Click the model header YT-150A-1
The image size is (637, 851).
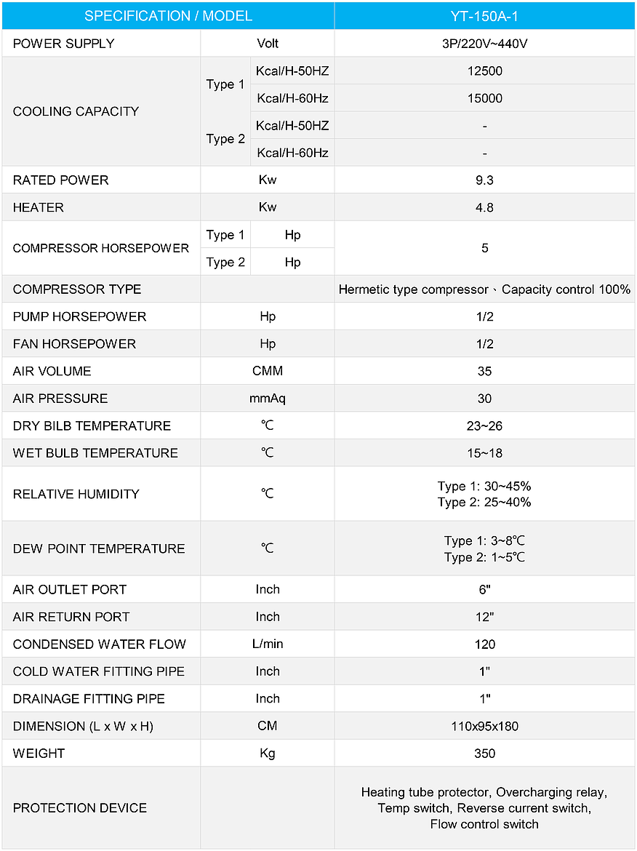point(484,16)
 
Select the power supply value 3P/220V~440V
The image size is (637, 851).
point(484,44)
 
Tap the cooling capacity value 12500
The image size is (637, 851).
point(484,71)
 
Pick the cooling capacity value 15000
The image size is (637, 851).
point(484,98)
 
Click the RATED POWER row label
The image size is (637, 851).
point(60,180)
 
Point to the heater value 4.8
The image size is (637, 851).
point(484,207)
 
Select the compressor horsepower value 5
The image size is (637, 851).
point(484,248)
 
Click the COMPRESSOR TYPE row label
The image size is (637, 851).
point(77,289)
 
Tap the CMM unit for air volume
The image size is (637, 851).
point(268,371)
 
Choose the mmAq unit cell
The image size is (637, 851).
point(268,399)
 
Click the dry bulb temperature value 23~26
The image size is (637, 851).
point(484,426)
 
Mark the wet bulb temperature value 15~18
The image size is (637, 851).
point(484,453)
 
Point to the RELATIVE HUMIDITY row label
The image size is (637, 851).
point(76,494)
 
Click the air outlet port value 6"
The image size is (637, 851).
point(484,590)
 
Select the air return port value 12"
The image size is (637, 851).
point(484,617)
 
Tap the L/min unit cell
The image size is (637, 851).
point(268,644)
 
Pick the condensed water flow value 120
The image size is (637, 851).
point(484,644)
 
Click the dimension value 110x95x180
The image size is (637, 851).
point(484,726)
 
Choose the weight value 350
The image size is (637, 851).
point(484,754)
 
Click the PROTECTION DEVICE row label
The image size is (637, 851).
point(80,808)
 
